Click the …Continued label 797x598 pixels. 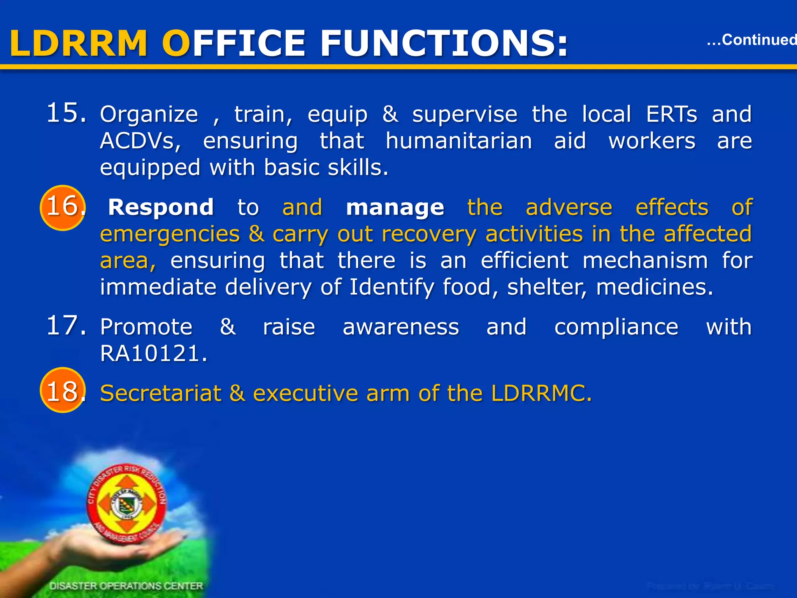[751, 40]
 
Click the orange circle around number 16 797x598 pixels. [63, 208]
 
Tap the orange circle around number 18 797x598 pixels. [63, 390]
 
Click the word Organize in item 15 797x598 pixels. [149, 114]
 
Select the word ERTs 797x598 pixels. [672, 114]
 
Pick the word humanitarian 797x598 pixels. [459, 141]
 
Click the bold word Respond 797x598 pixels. [161, 207]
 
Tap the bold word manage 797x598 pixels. [395, 207]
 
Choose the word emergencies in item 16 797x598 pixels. [170, 234]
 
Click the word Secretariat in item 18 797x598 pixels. [161, 393]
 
